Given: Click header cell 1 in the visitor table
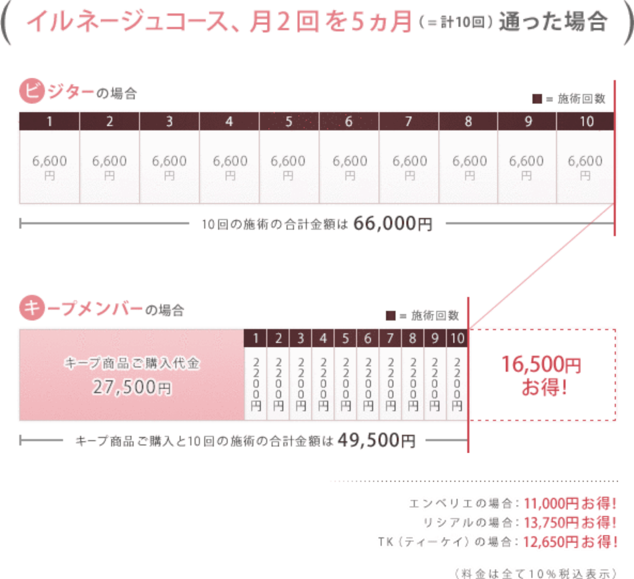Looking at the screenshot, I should [x=49, y=121].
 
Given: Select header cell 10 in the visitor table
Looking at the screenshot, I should [x=586, y=121].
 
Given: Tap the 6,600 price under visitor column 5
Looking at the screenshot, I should [x=289, y=161].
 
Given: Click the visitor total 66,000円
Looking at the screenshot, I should [x=393, y=224].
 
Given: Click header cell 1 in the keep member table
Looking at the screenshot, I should [x=256, y=338].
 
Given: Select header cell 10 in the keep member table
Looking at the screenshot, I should [x=457, y=338].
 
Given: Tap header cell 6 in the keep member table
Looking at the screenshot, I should [x=368, y=338].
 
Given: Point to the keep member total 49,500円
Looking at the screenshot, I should [x=376, y=440].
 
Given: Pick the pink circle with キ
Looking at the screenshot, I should [x=30, y=308].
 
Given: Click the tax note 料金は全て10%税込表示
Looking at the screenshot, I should [x=535, y=570].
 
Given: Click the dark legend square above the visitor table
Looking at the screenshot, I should [x=537, y=99].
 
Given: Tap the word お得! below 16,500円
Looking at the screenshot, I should [x=542, y=391].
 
